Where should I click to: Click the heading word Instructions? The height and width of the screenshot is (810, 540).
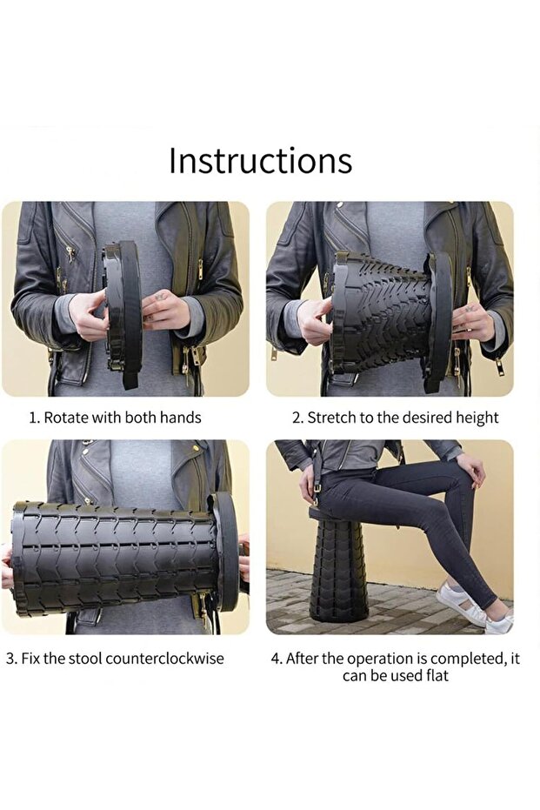260,161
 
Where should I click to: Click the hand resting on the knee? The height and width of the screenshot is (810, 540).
470,469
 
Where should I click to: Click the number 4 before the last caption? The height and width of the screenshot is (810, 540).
277,659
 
